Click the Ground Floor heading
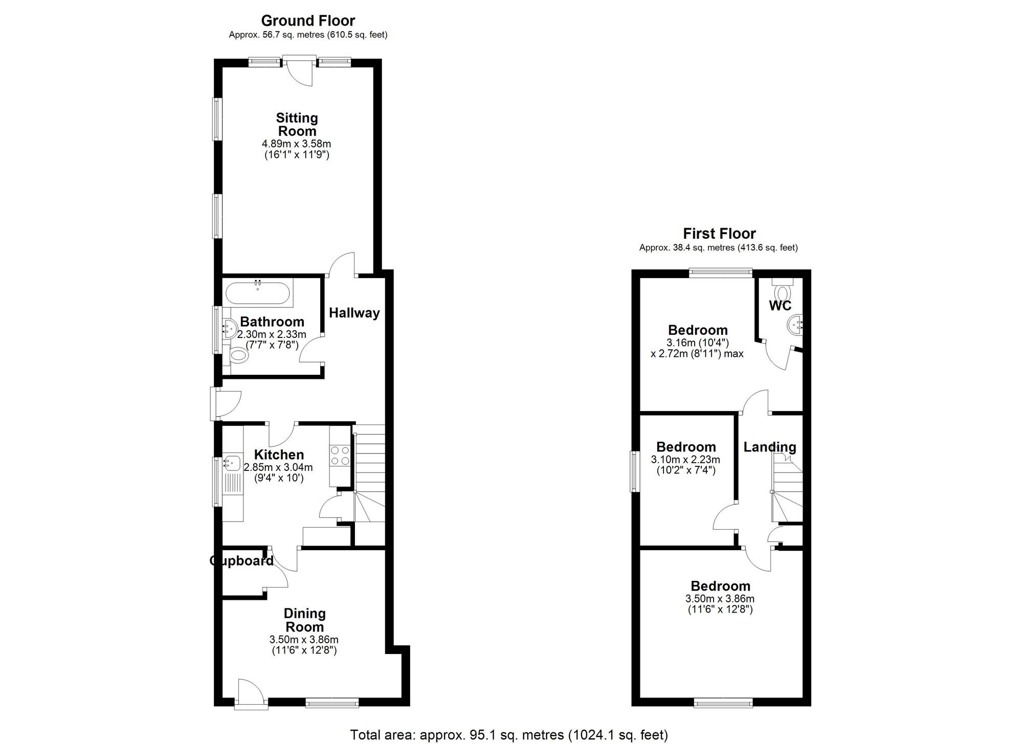pyautogui.click(x=308, y=20)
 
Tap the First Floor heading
pyautogui.click(x=719, y=234)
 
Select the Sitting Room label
pyautogui.click(x=297, y=124)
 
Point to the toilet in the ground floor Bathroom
pyautogui.click(x=238, y=354)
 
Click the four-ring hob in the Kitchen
pyautogui.click(x=340, y=456)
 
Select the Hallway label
pyautogui.click(x=354, y=313)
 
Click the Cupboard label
pyautogui.click(x=241, y=561)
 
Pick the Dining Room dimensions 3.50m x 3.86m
pyautogui.click(x=304, y=639)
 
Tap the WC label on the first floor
pyautogui.click(x=780, y=306)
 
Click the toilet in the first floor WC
pyautogui.click(x=782, y=289)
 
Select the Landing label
pyautogui.click(x=770, y=447)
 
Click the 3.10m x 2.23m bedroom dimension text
pyautogui.click(x=685, y=459)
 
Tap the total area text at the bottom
pyautogui.click(x=509, y=735)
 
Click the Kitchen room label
pyautogui.click(x=279, y=455)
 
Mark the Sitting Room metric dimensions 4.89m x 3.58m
pyautogui.click(x=296, y=144)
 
